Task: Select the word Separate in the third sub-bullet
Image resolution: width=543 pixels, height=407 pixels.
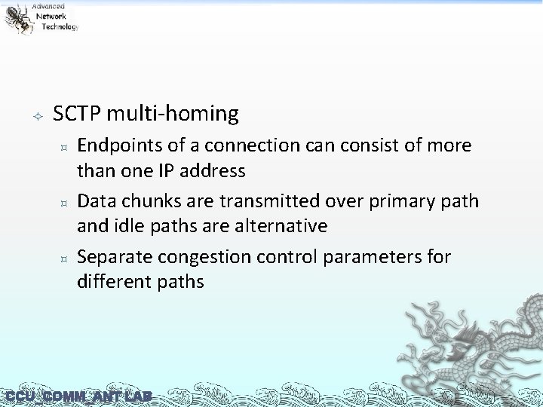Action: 110,257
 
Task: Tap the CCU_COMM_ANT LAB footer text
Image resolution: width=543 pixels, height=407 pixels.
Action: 78,396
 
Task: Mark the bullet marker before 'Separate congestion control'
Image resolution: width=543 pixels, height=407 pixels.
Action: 65,259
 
